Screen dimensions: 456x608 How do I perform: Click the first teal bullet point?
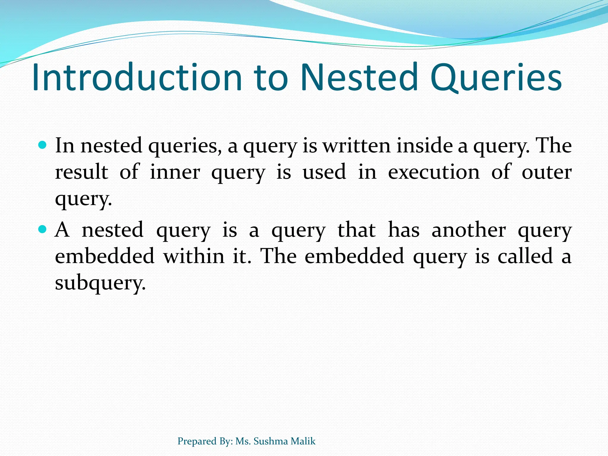[43, 145]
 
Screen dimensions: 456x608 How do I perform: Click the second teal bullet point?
[43, 229]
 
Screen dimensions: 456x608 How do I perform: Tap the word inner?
[175, 172]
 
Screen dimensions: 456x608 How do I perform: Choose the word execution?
[434, 172]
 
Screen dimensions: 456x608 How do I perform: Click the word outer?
[547, 172]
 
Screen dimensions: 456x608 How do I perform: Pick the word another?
[468, 230]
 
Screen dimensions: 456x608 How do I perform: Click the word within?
[194, 256]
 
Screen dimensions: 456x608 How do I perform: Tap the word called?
[525, 256]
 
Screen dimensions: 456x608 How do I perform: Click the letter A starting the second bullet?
[62, 229]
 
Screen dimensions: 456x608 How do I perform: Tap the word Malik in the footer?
[303, 441]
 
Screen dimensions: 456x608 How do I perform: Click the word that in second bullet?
[357, 229]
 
